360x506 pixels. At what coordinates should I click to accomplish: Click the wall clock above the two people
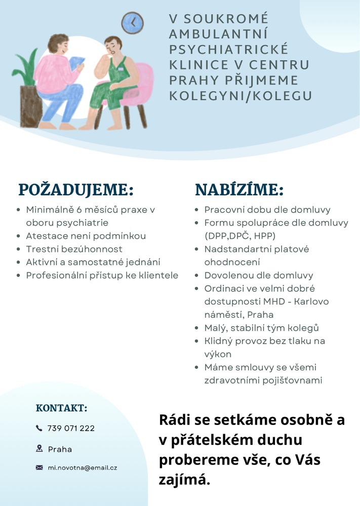tap(132, 23)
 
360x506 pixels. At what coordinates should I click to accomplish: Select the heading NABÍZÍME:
tap(239, 190)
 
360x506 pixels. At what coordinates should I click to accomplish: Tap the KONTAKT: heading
tap(62, 408)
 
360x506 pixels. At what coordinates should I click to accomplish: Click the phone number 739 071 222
tap(71, 428)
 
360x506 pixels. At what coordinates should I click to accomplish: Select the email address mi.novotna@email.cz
tap(83, 468)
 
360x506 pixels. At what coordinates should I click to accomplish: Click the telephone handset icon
tap(39, 428)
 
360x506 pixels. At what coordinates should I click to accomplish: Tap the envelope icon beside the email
tap(39, 468)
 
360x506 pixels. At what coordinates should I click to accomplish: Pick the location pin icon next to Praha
tap(39, 448)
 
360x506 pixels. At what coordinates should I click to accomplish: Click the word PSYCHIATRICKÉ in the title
tap(228, 50)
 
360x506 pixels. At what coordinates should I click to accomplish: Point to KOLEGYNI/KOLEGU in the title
tap(241, 96)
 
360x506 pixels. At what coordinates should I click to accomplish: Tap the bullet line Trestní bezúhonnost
tap(74, 249)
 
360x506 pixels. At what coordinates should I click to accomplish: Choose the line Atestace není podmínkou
tap(86, 236)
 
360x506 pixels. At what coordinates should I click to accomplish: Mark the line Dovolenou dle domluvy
tap(259, 275)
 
